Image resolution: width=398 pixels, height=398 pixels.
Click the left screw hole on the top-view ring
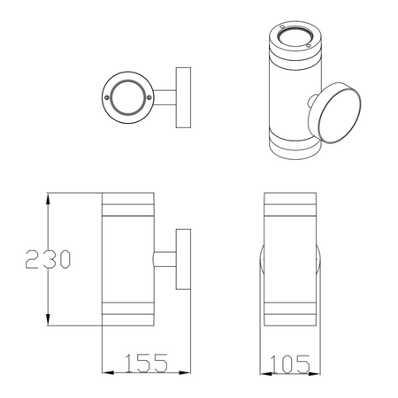[108, 94]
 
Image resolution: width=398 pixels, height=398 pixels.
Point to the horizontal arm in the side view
[165, 260]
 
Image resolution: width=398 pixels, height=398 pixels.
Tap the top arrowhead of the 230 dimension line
[45, 197]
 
